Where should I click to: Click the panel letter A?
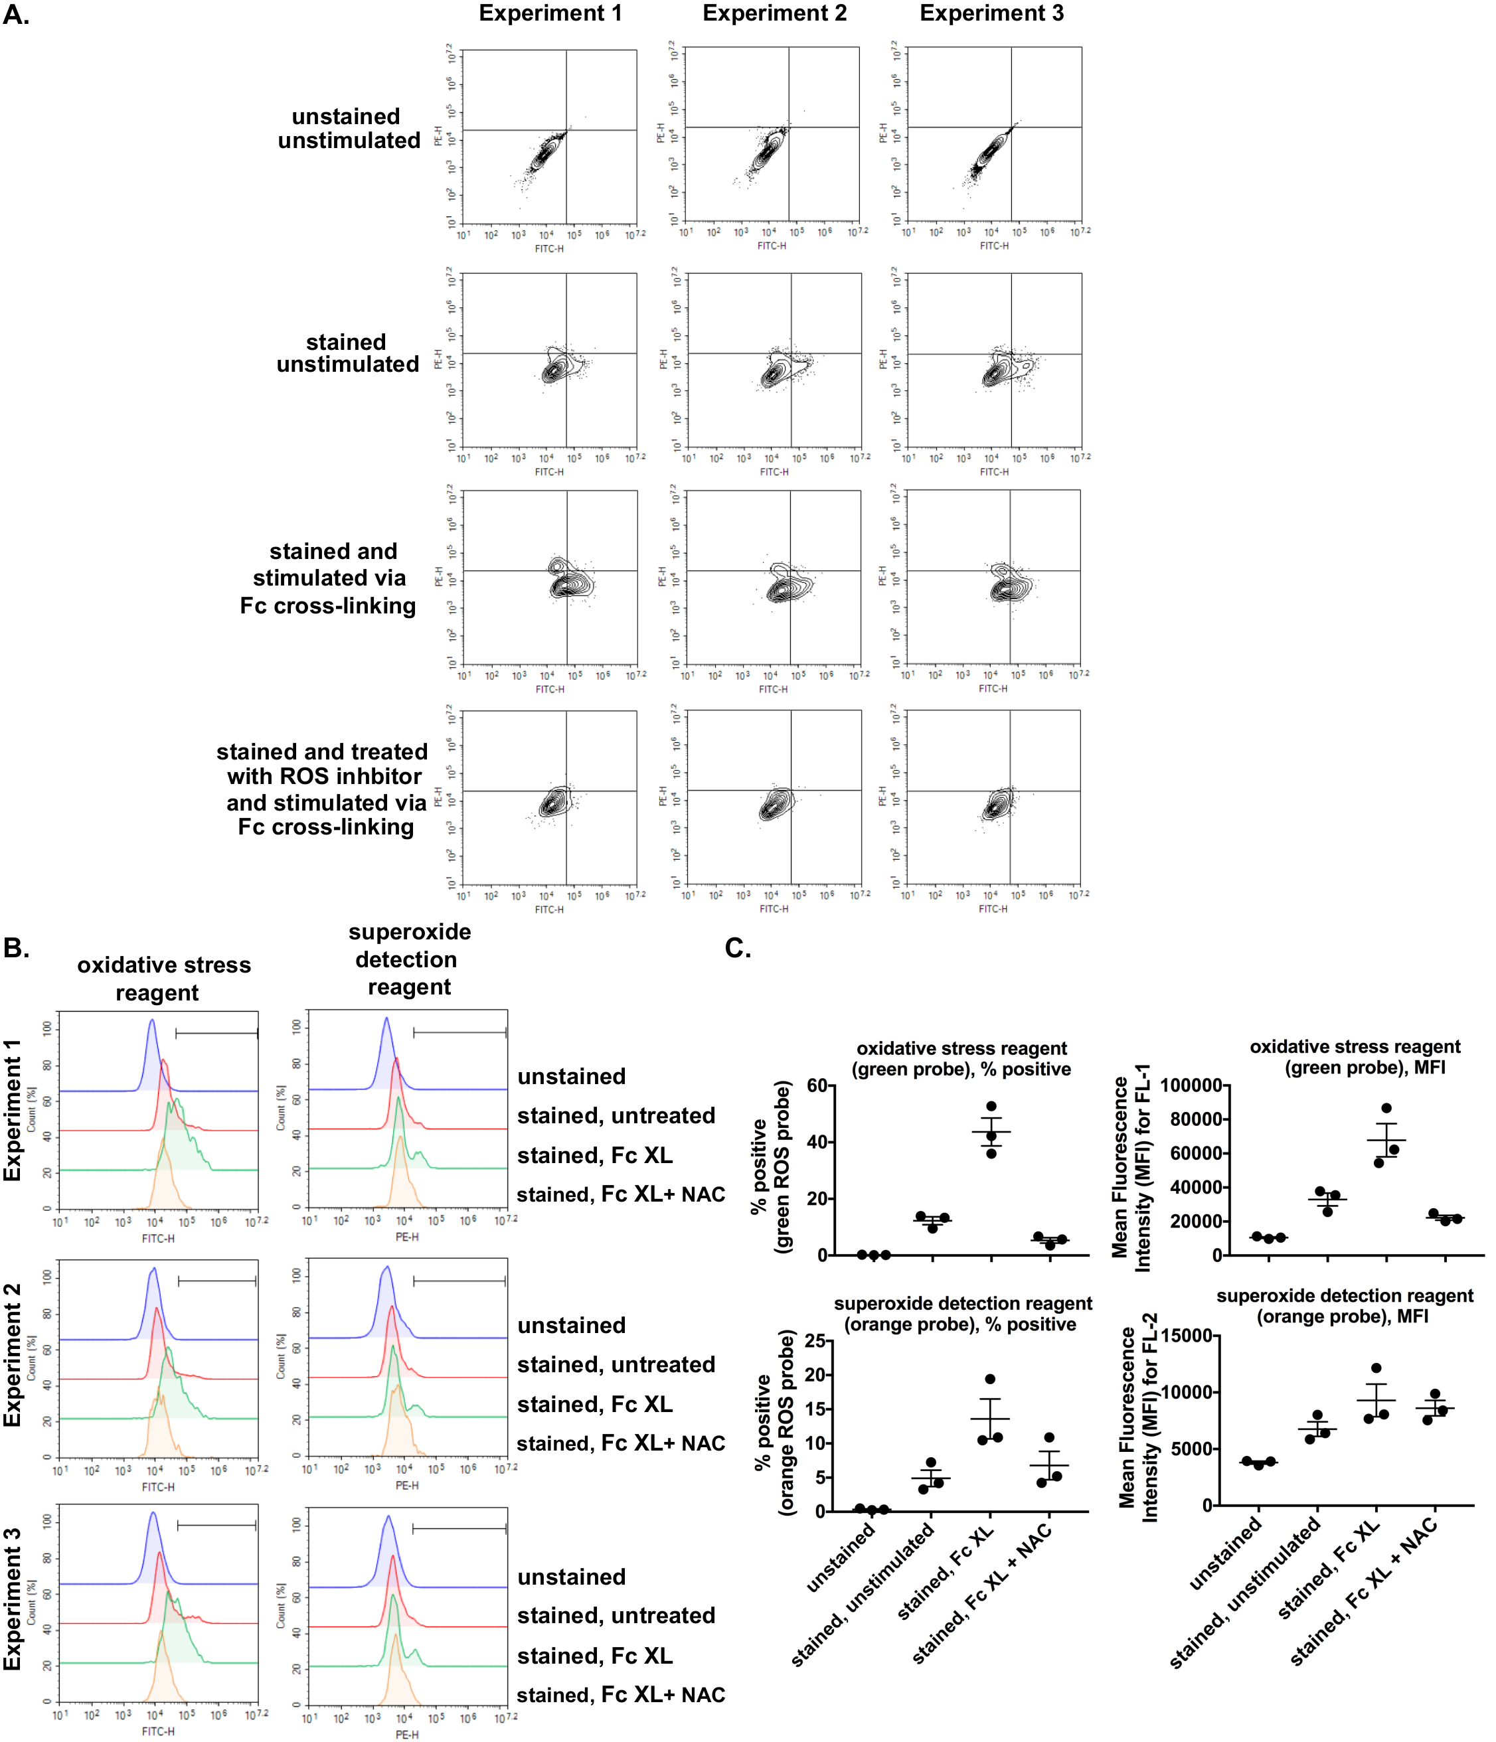click(x=16, y=15)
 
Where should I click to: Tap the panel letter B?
click(x=16, y=949)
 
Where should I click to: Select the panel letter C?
click(x=738, y=949)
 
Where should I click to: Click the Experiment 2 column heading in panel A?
click(x=774, y=13)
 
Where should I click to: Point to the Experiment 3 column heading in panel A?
click(x=991, y=13)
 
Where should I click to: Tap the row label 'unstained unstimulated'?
click(x=349, y=129)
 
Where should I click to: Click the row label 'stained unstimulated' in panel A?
click(x=347, y=353)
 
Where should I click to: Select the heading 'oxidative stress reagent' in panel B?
click(x=163, y=979)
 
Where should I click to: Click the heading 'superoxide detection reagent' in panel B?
click(x=410, y=959)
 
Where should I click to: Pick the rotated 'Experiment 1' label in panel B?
click(x=13, y=1110)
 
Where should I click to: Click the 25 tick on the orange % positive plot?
click(x=813, y=1340)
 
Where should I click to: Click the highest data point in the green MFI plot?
click(x=1386, y=1108)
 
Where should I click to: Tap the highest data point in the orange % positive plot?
click(x=991, y=1380)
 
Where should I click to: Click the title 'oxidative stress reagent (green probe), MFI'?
click(x=1355, y=1057)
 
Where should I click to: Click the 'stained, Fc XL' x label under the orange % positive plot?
click(x=946, y=1573)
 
